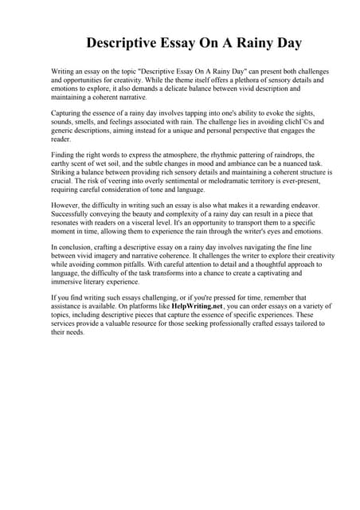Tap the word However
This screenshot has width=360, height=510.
[68, 205]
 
